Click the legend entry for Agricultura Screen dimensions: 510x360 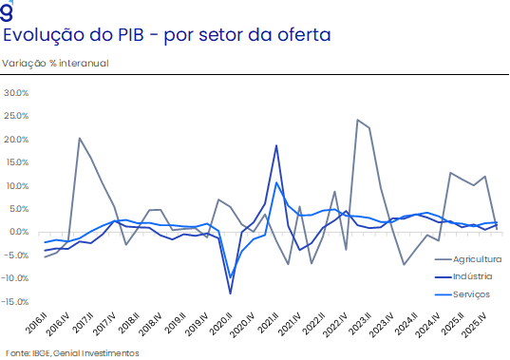coord(468,259)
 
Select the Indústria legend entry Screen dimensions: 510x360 coord(463,276)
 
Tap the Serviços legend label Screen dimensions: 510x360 coord(463,294)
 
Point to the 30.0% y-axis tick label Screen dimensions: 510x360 coord(16,93)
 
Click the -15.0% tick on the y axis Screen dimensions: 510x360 coord(15,302)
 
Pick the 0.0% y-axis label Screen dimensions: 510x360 coord(18,232)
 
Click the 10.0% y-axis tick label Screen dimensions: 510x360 coord(16,185)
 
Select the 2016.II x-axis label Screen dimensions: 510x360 coord(37,323)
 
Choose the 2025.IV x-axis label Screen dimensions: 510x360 coord(475,325)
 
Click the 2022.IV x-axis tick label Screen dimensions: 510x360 coord(336,325)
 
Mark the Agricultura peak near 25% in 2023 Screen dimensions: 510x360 coord(357,120)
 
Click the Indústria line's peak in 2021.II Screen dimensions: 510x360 coord(276,145)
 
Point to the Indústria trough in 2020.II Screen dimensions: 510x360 coord(230,294)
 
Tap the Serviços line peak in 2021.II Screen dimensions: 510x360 coord(276,182)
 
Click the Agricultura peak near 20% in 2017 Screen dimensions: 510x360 coord(80,138)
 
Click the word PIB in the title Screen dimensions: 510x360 coord(131,35)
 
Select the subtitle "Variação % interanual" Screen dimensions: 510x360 coord(55,63)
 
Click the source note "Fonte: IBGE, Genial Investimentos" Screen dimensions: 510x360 coord(72,353)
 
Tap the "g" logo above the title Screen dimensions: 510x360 coord(7,10)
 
